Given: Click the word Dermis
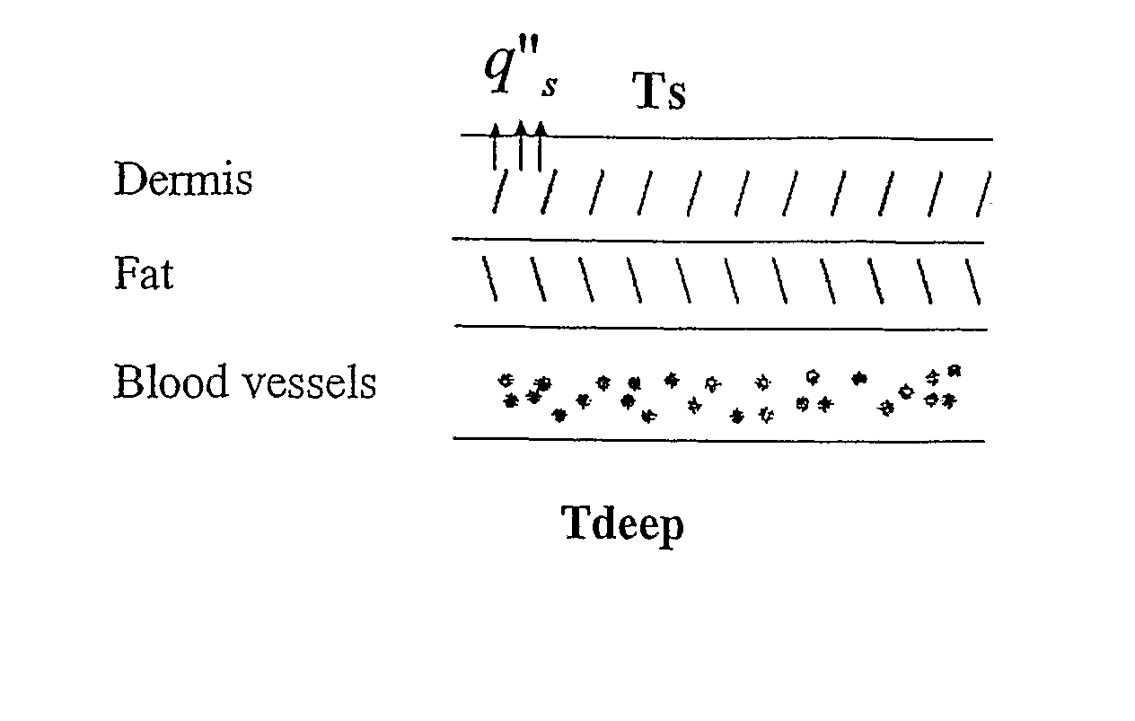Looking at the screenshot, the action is tap(183, 178).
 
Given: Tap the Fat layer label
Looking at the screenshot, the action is tap(144, 273).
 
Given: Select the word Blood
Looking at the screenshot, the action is tap(171, 381).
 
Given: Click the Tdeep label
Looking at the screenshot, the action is tap(623, 525).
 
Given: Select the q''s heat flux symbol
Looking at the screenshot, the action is tap(522, 66).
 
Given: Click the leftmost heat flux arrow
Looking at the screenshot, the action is tap(495, 146).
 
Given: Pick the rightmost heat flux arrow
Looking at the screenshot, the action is tap(541, 146).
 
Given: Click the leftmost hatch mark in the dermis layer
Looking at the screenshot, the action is tap(499, 191).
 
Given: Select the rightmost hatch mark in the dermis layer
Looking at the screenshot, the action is tap(983, 194).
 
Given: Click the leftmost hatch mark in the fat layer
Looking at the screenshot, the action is tap(489, 278).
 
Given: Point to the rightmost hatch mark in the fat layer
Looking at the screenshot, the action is tap(972, 282).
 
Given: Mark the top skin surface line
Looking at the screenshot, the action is tap(726, 136).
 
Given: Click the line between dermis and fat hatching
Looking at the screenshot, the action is tap(718, 241).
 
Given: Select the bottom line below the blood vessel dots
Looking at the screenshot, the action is tap(719, 440).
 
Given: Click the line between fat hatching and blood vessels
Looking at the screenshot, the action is tap(721, 328).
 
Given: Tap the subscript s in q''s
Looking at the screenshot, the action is tap(550, 86).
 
